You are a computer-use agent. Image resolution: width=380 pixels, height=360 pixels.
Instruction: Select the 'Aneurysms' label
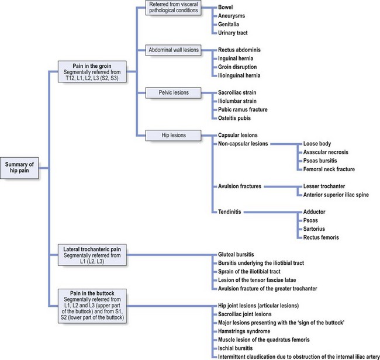[233, 17]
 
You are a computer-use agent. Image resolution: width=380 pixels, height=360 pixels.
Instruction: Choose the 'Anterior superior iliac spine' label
[336, 195]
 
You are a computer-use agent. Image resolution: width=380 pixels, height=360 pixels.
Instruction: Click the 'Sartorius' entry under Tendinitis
[317, 229]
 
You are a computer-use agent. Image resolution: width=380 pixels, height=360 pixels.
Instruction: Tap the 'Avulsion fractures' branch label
[240, 186]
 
